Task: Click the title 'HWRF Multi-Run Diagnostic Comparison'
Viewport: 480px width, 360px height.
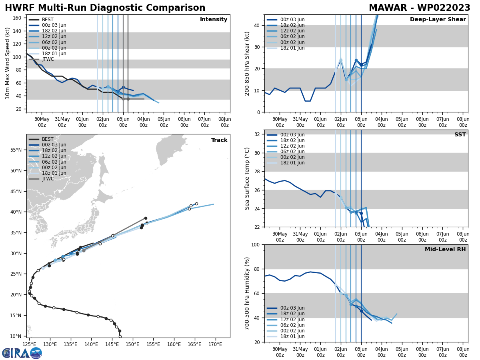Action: click(105, 8)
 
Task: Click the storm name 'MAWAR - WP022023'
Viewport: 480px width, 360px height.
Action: click(419, 8)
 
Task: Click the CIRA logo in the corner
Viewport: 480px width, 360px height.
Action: click(22, 353)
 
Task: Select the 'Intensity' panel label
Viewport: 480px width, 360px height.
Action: click(214, 20)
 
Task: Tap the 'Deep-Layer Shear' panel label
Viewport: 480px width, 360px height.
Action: click(438, 20)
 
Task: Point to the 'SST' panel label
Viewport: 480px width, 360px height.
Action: click(460, 135)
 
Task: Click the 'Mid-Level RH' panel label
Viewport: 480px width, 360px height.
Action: click(445, 250)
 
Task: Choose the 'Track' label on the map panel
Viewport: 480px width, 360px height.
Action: click(219, 140)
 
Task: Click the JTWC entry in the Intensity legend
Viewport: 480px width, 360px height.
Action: click(48, 59)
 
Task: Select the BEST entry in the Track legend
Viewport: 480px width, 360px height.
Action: click(48, 139)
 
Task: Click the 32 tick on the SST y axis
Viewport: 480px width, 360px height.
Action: click(258, 134)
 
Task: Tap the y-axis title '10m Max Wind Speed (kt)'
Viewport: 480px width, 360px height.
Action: click(8, 63)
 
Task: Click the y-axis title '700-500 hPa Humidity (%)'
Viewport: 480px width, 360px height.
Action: click(248, 293)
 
